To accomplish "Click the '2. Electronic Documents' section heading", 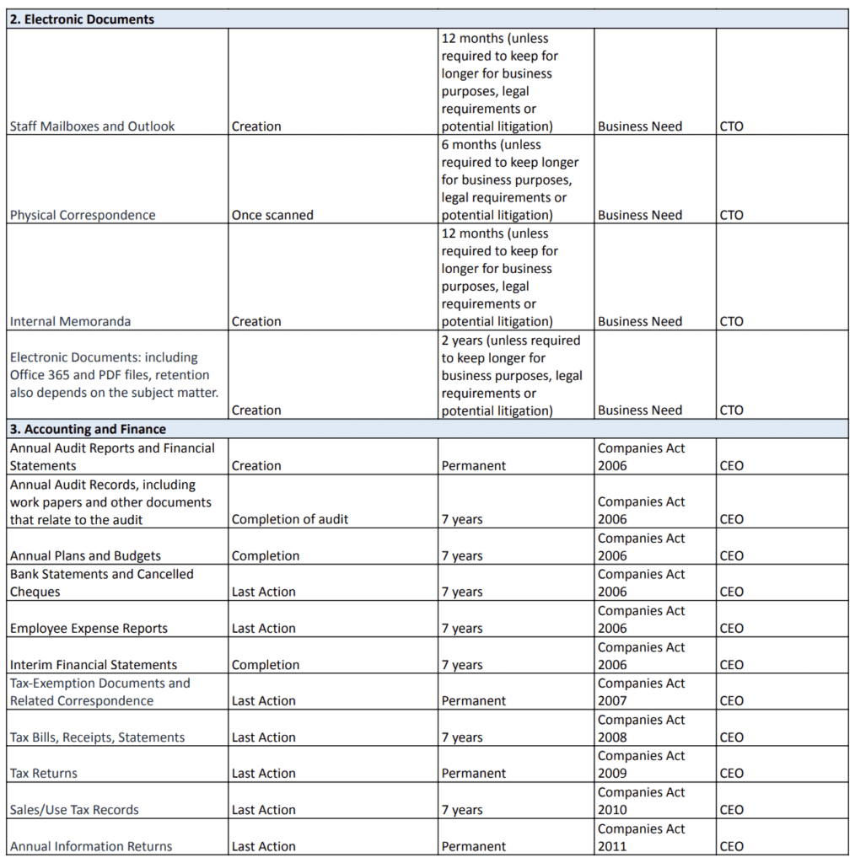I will pyautogui.click(x=82, y=19).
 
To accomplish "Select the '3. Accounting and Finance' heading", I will pyautogui.click(x=88, y=429).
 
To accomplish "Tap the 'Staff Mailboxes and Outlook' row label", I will pyautogui.click(x=92, y=126).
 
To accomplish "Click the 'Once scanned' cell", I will pyautogui.click(x=272, y=215).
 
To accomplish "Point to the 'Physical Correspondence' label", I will pyautogui.click(x=83, y=215).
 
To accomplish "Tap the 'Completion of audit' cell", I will pyautogui.click(x=289, y=520).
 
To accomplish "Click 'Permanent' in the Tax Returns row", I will pyautogui.click(x=473, y=774).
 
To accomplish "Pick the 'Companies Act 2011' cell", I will pyautogui.click(x=641, y=838).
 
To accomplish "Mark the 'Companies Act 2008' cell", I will pyautogui.click(x=641, y=728).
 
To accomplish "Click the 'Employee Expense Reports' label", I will pyautogui.click(x=89, y=629).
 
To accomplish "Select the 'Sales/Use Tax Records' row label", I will pyautogui.click(x=74, y=810).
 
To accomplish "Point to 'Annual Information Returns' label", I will pyautogui.click(x=91, y=846).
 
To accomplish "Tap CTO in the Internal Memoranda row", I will pyautogui.click(x=731, y=321).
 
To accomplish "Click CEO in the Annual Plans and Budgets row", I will pyautogui.click(x=731, y=556).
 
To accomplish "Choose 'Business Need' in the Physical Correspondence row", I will pyautogui.click(x=639, y=215).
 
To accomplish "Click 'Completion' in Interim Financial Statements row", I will pyautogui.click(x=265, y=665).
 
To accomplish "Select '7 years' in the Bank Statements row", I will pyautogui.click(x=462, y=592).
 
